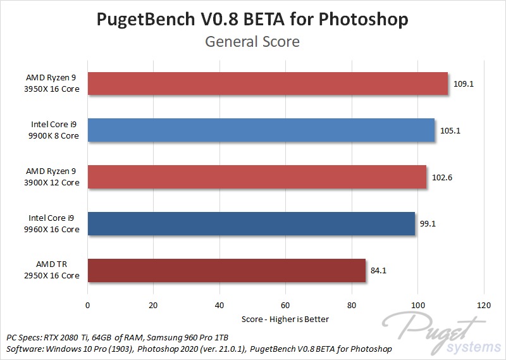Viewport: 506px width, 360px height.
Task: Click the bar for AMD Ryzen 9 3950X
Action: (268, 84)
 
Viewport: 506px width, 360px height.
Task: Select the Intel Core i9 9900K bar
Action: (261, 130)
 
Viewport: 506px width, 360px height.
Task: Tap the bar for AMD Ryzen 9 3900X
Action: (257, 177)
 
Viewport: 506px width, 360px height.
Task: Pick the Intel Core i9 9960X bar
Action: (251, 223)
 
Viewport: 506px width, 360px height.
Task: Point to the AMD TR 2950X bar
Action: (226, 270)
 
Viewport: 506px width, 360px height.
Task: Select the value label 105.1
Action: (450, 130)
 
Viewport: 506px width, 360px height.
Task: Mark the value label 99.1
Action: (428, 224)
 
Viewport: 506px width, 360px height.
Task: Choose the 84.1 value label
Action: (379, 271)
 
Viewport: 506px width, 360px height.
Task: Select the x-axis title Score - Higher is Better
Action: (285, 319)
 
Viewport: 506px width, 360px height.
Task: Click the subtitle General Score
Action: (252, 42)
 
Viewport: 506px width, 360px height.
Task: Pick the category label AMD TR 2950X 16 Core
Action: (52, 270)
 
